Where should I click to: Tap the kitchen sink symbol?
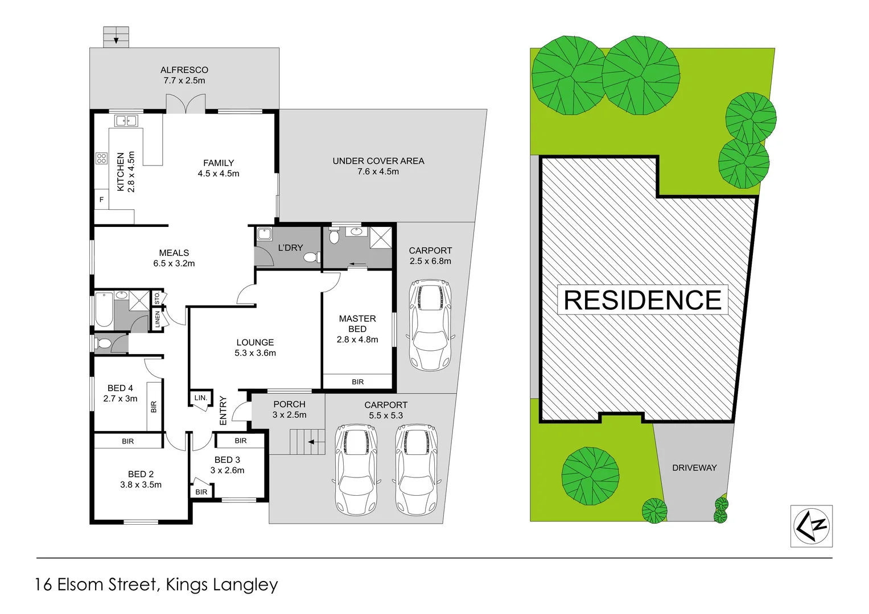(126, 121)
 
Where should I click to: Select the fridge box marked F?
(102, 200)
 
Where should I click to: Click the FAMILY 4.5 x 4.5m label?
(219, 168)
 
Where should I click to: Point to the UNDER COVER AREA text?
(378, 161)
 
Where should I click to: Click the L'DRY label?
(290, 248)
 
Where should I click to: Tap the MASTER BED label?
(357, 324)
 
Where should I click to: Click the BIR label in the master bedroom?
(357, 382)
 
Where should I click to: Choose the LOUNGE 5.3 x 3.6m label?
(255, 347)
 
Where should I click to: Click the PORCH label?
(289, 404)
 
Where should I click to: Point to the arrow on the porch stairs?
(312, 442)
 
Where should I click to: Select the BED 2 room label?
(141, 474)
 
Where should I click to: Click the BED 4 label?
(120, 388)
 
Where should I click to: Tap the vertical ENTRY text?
(223, 410)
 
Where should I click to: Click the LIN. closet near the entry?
(200, 397)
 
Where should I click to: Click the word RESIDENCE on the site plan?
(643, 300)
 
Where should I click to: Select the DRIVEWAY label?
(694, 468)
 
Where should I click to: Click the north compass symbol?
(812, 526)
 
